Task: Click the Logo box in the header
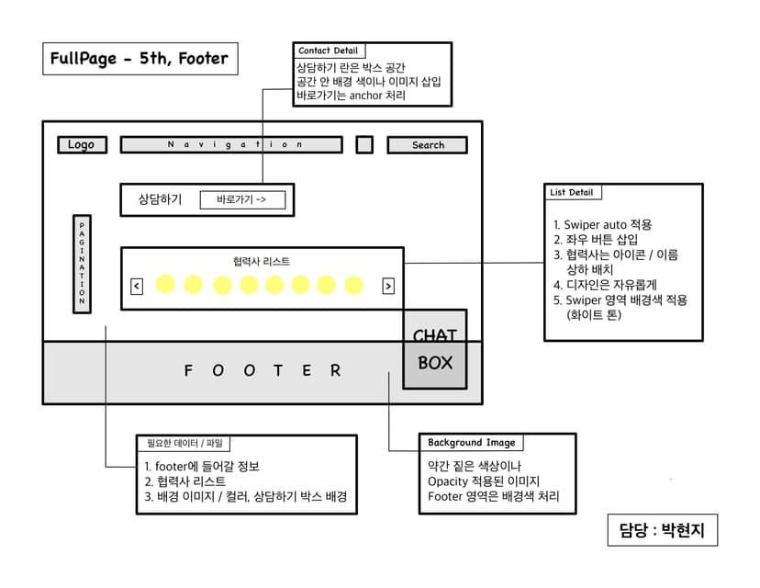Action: tap(82, 144)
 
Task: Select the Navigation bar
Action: tap(231, 144)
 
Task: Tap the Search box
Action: tap(427, 144)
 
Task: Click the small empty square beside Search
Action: tap(364, 144)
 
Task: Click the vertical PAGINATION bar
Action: tap(82, 264)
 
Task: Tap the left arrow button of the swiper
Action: tap(137, 286)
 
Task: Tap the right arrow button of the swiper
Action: tap(388, 286)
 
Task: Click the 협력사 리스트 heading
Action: tap(262, 261)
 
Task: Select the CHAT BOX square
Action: tap(434, 350)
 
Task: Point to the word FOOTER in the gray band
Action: tap(263, 370)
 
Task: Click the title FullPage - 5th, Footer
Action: tap(140, 59)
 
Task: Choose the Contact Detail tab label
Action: tap(328, 51)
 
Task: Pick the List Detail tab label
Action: tap(572, 193)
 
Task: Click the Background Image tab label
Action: tap(471, 442)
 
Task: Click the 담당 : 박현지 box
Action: tap(661, 530)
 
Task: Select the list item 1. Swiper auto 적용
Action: tap(603, 224)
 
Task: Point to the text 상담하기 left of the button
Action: tap(160, 199)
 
